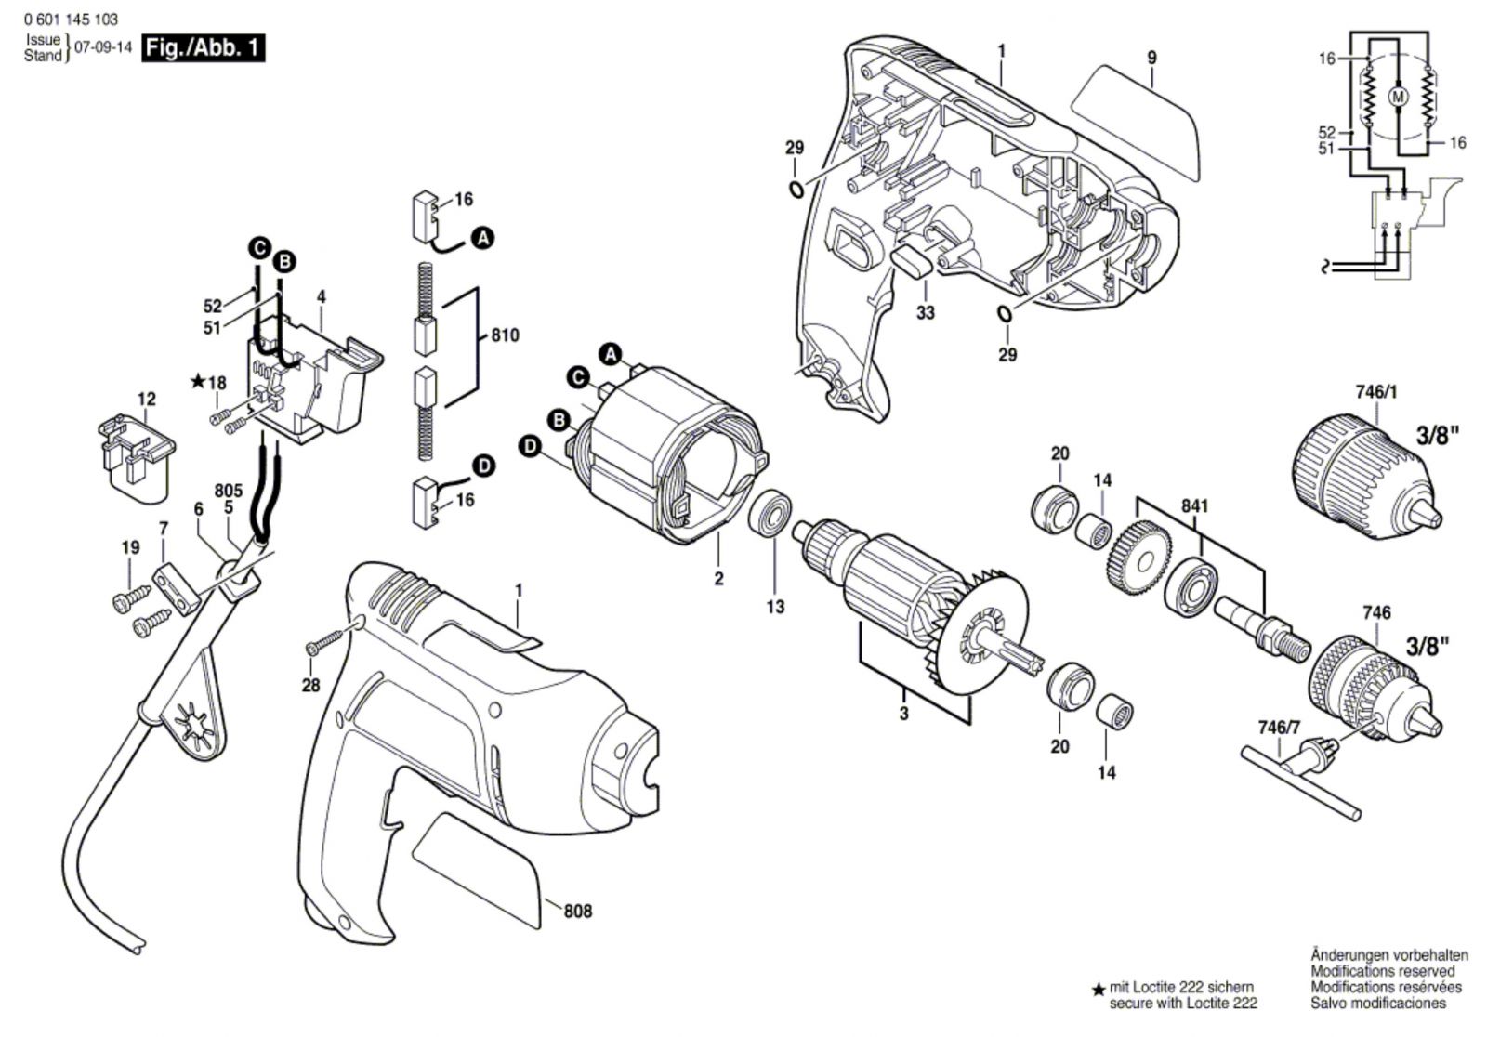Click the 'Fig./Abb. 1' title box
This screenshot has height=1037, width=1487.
click(x=204, y=48)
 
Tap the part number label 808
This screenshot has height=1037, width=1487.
click(x=577, y=912)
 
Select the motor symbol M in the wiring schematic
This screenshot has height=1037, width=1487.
click(x=1399, y=97)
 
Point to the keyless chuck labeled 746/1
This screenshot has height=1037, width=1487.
click(x=1367, y=474)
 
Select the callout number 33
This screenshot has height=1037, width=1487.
click(x=925, y=312)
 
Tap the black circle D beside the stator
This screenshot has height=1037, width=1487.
click(x=530, y=447)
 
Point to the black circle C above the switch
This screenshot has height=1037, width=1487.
click(x=259, y=249)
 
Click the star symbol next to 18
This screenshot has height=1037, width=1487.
click(x=198, y=381)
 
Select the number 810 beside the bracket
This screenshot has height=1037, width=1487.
click(x=506, y=335)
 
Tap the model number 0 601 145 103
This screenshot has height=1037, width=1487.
click(x=71, y=20)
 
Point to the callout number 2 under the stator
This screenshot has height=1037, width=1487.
click(x=718, y=578)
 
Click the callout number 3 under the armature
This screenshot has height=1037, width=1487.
click(x=903, y=714)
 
